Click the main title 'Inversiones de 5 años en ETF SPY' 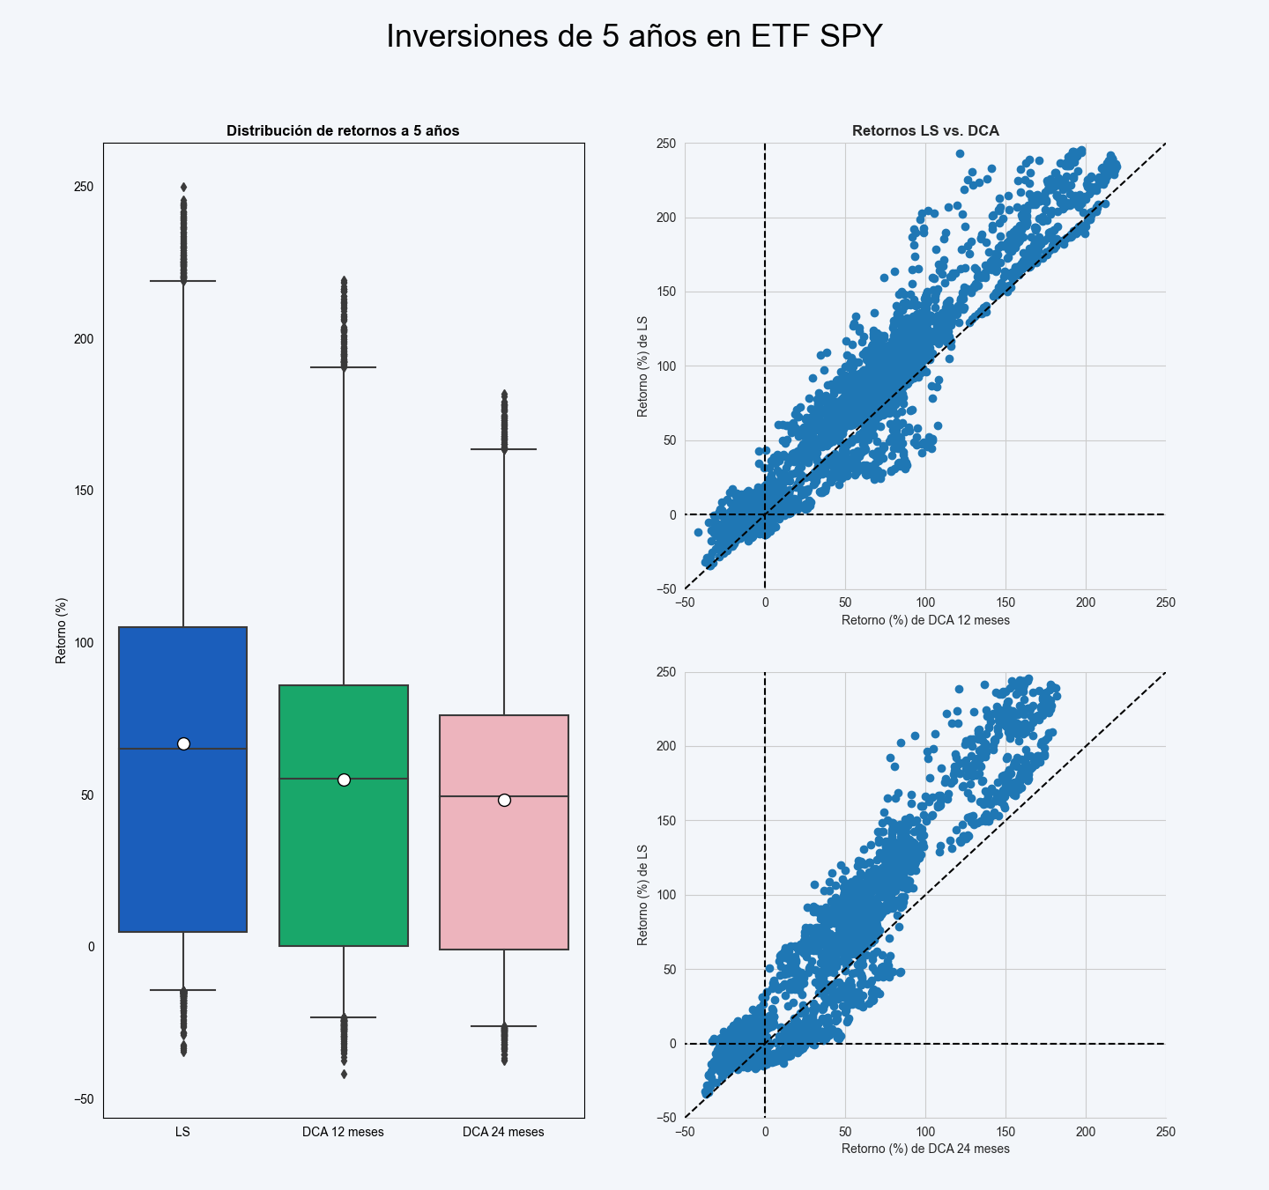click(x=634, y=37)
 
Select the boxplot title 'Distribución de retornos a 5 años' click(x=343, y=131)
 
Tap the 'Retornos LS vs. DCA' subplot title click(x=925, y=131)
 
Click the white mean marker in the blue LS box click(x=183, y=743)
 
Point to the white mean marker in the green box click(x=344, y=780)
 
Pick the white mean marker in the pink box click(x=504, y=800)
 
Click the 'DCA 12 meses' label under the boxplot click(x=343, y=1132)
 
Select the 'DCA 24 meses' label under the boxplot click(x=503, y=1132)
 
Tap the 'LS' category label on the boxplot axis click(x=182, y=1132)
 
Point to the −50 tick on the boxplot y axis click(x=84, y=1099)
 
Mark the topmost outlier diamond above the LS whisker click(x=183, y=187)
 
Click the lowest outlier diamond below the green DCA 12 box click(x=344, y=1074)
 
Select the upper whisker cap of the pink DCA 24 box click(x=504, y=449)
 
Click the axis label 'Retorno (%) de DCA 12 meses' click(x=925, y=620)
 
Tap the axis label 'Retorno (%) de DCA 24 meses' click(x=925, y=1149)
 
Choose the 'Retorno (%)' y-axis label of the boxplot click(x=61, y=631)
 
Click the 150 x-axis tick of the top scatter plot click(x=1006, y=602)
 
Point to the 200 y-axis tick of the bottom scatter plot click(x=665, y=747)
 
